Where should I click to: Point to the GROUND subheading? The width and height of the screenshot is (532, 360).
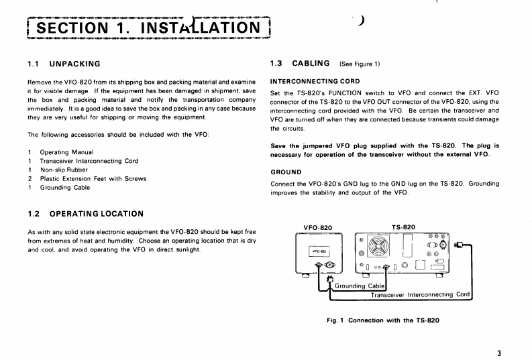(285, 171)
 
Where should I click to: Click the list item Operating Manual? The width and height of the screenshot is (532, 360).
(66, 152)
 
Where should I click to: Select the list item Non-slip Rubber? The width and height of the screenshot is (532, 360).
(65, 170)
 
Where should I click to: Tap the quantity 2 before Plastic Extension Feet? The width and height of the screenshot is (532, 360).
(30, 178)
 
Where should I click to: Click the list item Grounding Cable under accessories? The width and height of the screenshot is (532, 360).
(65, 187)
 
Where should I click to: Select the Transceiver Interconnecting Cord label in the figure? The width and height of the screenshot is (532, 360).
(420, 294)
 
